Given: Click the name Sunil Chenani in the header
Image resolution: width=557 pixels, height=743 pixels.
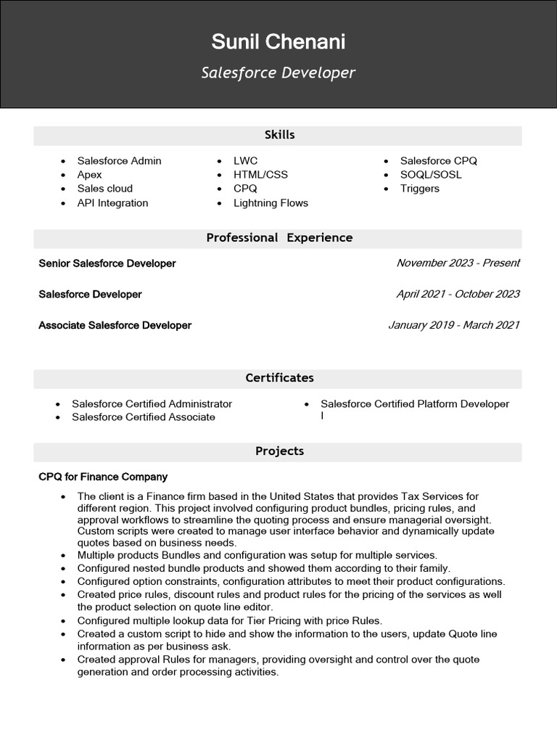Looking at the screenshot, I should [x=278, y=42].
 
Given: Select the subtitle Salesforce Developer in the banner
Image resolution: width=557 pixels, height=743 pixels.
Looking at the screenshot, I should [x=278, y=73].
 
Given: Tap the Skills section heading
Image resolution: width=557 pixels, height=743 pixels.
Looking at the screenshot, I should [x=279, y=135].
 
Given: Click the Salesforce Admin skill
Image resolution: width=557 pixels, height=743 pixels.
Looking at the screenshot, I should [x=119, y=161].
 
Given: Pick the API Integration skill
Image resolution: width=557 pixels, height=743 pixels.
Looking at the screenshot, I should [x=112, y=203].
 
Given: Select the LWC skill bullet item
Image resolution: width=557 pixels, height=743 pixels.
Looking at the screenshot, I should [x=245, y=161].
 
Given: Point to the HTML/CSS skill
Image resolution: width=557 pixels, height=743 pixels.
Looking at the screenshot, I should [x=260, y=175].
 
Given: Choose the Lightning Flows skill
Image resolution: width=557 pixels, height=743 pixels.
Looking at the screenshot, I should [x=271, y=203].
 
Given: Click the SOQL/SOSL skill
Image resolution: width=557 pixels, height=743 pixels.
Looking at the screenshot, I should [x=431, y=175].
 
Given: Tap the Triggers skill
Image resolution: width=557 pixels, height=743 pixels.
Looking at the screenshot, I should [x=420, y=189].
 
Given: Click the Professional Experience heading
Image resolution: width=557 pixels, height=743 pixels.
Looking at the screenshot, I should [x=279, y=238].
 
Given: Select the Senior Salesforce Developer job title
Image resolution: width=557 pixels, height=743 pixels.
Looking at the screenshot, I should [x=107, y=263].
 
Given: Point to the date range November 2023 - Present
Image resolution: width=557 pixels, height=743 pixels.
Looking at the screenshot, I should [x=458, y=263].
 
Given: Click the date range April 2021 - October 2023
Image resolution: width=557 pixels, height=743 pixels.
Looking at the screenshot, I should [x=458, y=295].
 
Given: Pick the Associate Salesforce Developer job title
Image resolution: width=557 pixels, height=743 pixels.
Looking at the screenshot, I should [x=115, y=326].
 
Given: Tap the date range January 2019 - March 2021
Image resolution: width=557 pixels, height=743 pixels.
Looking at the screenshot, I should [x=454, y=326].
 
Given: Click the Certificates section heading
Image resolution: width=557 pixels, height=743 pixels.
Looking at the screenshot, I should [x=279, y=378].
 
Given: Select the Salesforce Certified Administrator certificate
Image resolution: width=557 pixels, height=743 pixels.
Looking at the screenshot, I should [x=152, y=404].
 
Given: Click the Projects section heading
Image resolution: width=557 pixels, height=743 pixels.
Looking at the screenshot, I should [x=279, y=451].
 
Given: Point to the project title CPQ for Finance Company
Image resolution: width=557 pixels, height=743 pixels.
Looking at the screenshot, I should [x=103, y=477].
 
